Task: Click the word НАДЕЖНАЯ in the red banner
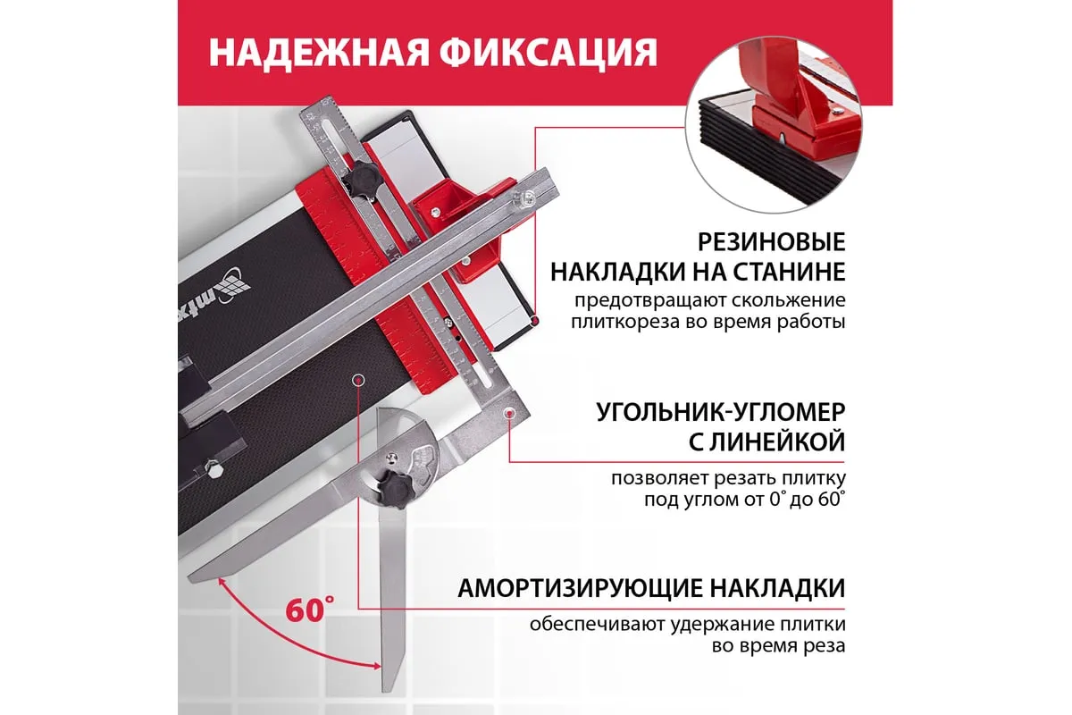pyautogui.click(x=319, y=53)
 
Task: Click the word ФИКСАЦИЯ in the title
pyautogui.click(x=549, y=53)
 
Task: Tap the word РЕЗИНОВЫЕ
pyautogui.click(x=771, y=242)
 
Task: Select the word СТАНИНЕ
pyautogui.click(x=790, y=272)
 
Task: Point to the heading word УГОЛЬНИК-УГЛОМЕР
pyautogui.click(x=721, y=412)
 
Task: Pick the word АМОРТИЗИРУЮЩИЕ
pyautogui.click(x=581, y=589)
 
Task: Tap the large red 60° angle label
pyautogui.click(x=310, y=610)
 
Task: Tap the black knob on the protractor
pyautogui.click(x=393, y=489)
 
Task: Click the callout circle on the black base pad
pyautogui.click(x=357, y=381)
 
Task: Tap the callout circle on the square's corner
pyautogui.click(x=508, y=412)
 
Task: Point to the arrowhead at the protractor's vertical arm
pyautogui.click(x=376, y=665)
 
